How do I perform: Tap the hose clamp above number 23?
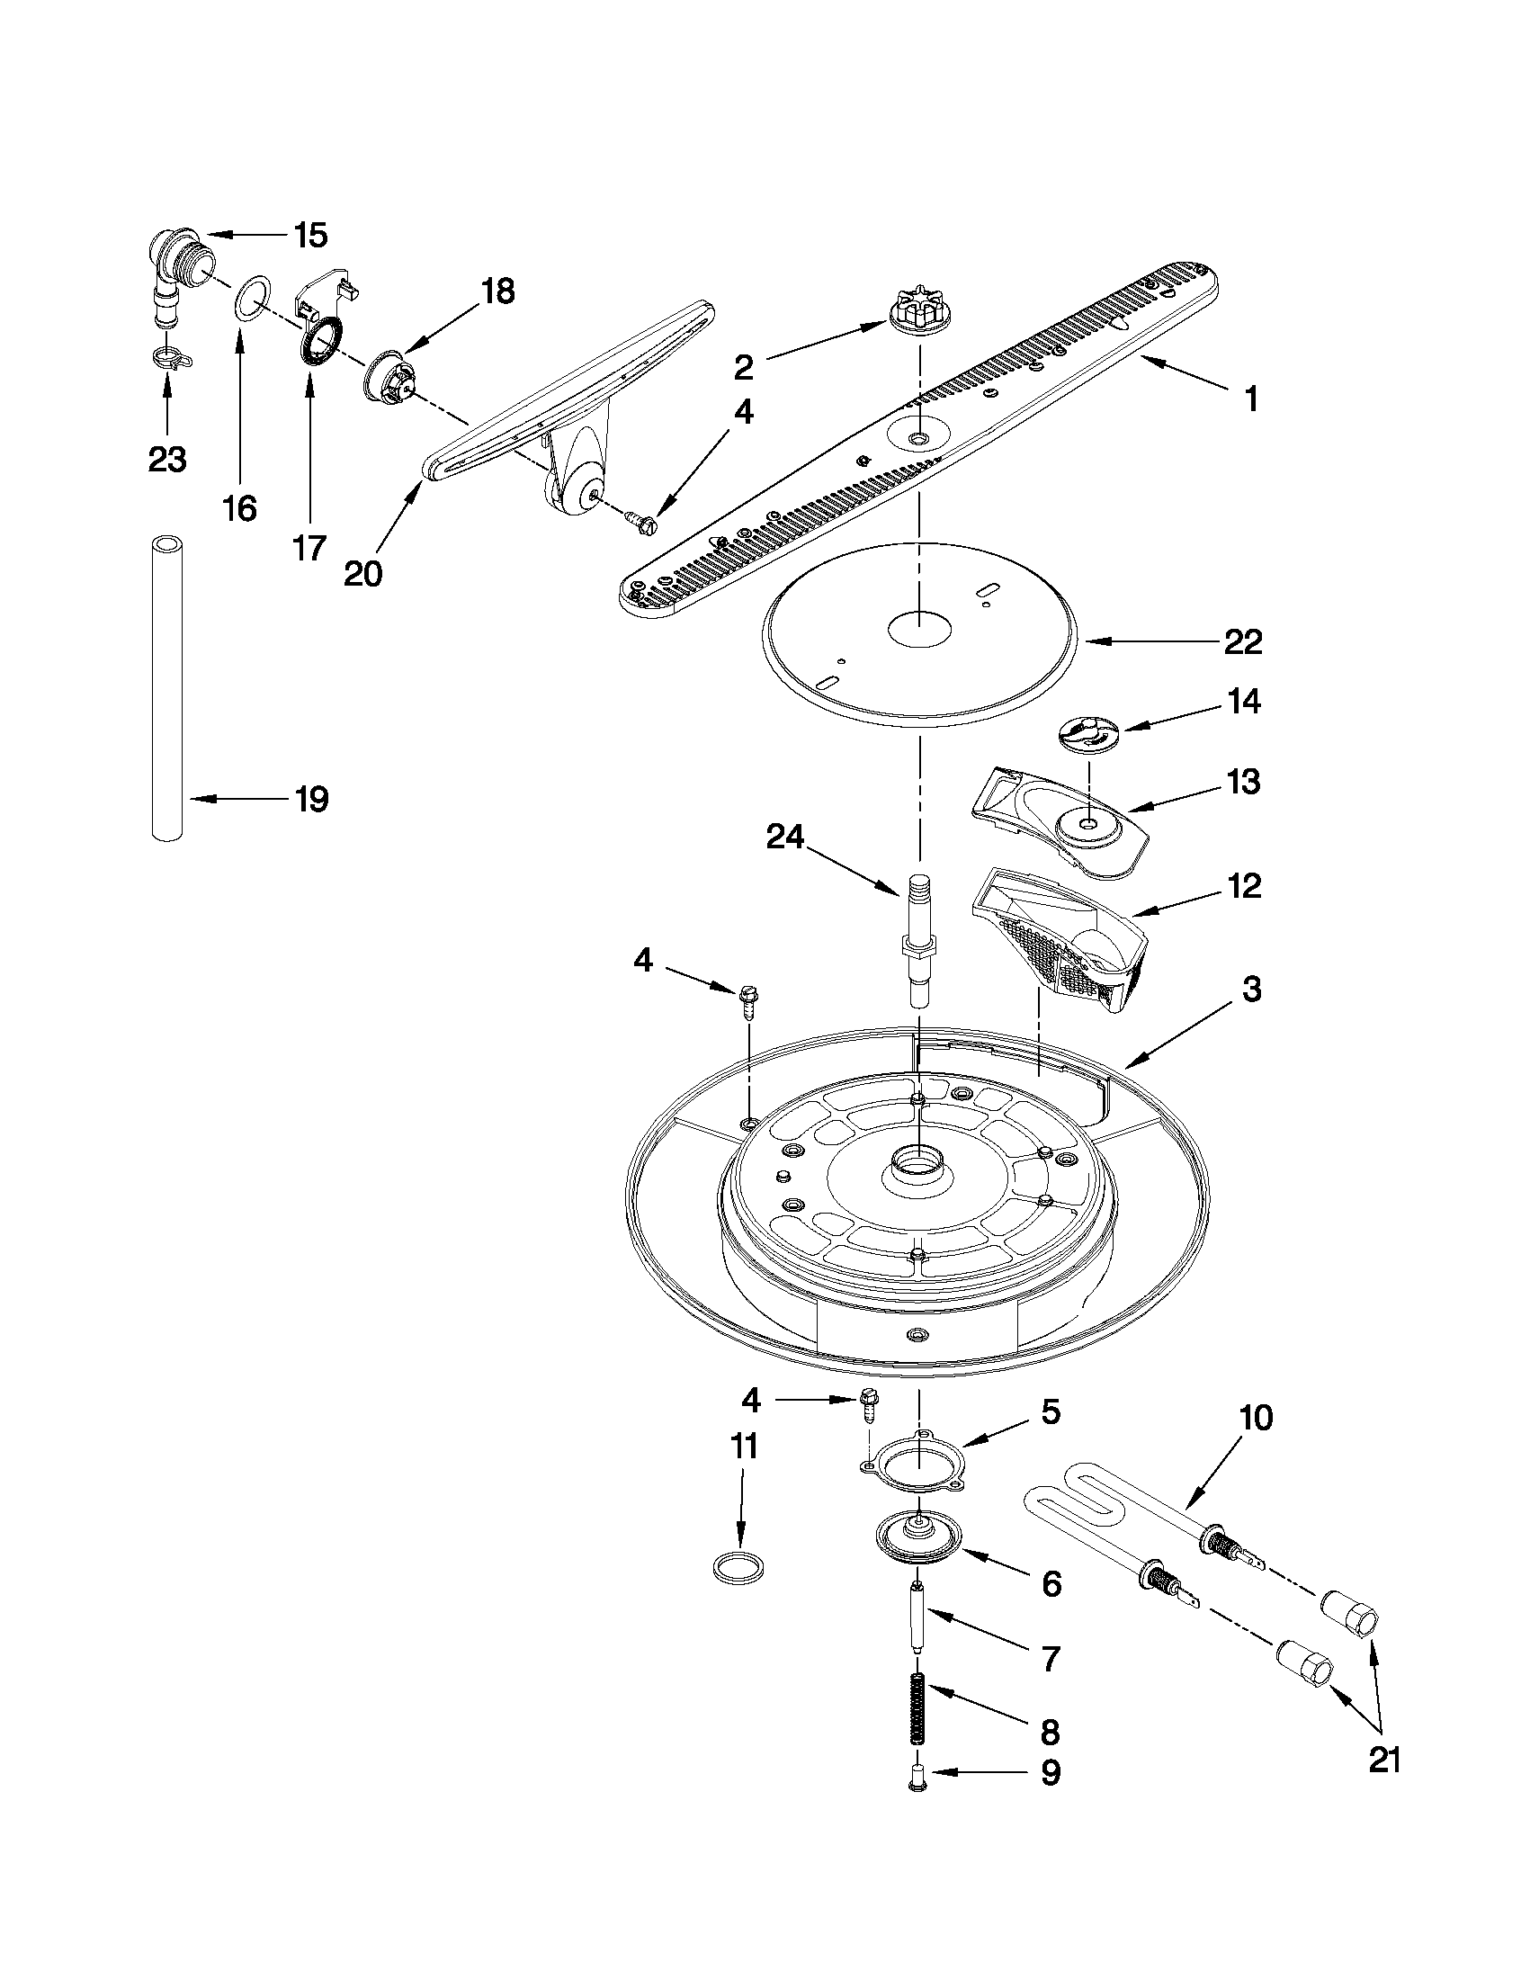tap(169, 360)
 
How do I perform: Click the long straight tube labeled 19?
tap(166, 689)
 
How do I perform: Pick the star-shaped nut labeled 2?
tap(917, 314)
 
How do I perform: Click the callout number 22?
tap(1243, 643)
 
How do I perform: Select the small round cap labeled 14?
tap(1088, 732)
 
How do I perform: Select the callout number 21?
tap(1384, 1785)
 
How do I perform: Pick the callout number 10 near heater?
tap(1256, 1417)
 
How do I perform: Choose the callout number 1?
tap(1251, 399)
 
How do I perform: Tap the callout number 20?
tap(362, 573)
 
